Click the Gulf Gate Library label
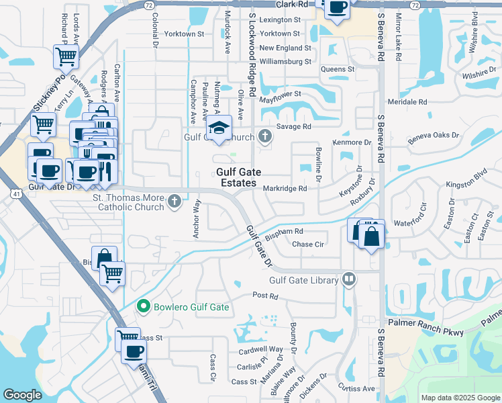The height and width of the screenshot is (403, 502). (304, 280)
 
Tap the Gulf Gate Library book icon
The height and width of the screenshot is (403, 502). (348, 279)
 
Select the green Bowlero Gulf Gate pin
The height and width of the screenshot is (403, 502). (143, 307)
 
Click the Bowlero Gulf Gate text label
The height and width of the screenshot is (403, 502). (191, 308)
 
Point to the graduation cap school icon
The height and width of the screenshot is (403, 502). (218, 128)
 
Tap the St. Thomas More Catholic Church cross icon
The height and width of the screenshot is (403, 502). (174, 201)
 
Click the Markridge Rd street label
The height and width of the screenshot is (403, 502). (285, 189)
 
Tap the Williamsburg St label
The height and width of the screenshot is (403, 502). (286, 61)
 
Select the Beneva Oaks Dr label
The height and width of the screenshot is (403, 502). (434, 135)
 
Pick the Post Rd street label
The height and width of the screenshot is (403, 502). (265, 296)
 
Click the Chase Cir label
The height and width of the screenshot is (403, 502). (308, 244)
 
